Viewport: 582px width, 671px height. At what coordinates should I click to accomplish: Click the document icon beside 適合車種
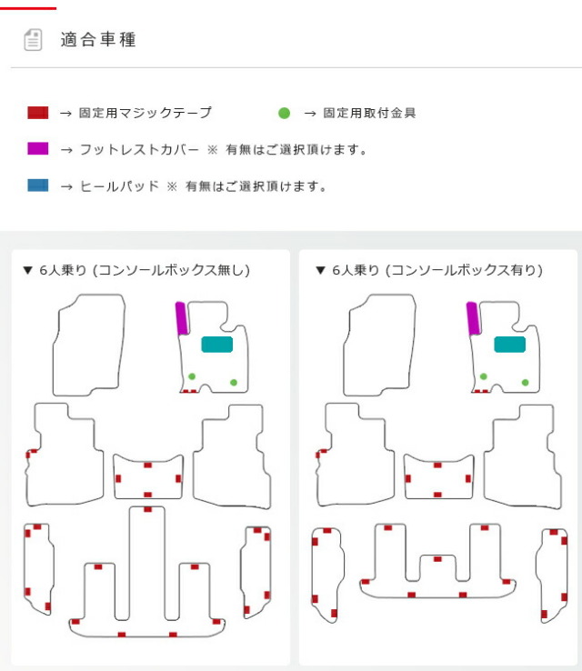pyautogui.click(x=33, y=40)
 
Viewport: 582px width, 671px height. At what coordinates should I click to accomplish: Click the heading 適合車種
pyautogui.click(x=98, y=40)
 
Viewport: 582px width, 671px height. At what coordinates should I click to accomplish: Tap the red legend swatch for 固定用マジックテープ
pyautogui.click(x=37, y=113)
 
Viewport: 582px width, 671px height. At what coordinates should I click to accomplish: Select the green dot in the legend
pyautogui.click(x=284, y=113)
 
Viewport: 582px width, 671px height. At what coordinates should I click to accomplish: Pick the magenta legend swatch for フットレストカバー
pyautogui.click(x=37, y=148)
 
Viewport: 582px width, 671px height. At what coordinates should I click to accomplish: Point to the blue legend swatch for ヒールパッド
pyautogui.click(x=37, y=185)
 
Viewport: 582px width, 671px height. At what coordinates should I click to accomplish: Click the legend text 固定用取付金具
pyautogui.click(x=369, y=113)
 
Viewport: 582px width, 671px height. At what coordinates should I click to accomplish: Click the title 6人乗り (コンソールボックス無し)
pyautogui.click(x=145, y=270)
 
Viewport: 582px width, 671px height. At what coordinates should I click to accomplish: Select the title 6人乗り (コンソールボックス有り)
pyautogui.click(x=437, y=270)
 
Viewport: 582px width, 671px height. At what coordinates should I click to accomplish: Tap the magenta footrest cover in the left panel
pyautogui.click(x=182, y=318)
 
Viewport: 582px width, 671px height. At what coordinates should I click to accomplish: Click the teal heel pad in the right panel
pyautogui.click(x=509, y=345)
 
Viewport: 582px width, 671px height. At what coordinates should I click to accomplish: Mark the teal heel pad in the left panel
pyautogui.click(x=217, y=345)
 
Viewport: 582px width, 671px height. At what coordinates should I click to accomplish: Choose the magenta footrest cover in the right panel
pyautogui.click(x=473, y=318)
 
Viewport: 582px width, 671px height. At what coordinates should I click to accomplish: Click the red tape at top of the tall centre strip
pyautogui.click(x=147, y=509)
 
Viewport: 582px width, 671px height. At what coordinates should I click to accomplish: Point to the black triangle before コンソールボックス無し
pyautogui.click(x=28, y=270)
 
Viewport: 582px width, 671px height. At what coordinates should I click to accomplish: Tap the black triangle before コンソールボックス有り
pyautogui.click(x=320, y=270)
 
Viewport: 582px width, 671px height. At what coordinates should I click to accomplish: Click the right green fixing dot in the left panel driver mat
pyautogui.click(x=234, y=382)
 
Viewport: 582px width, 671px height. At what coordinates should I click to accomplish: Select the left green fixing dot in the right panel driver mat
pyautogui.click(x=483, y=376)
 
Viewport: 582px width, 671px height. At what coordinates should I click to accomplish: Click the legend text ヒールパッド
pyautogui.click(x=119, y=186)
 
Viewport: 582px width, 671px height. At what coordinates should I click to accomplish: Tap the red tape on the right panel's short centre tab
pyautogui.click(x=437, y=559)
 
